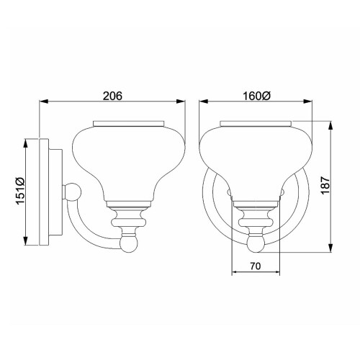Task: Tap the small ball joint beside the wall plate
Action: (72, 192)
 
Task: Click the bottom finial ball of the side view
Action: (129, 245)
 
